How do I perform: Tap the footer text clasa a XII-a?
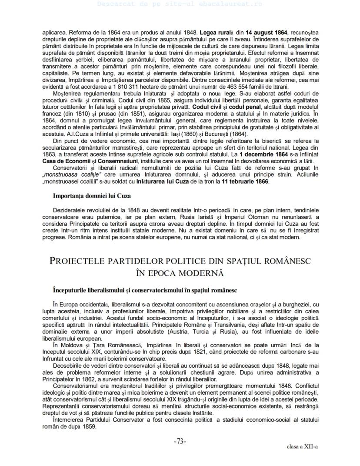(302, 447)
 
